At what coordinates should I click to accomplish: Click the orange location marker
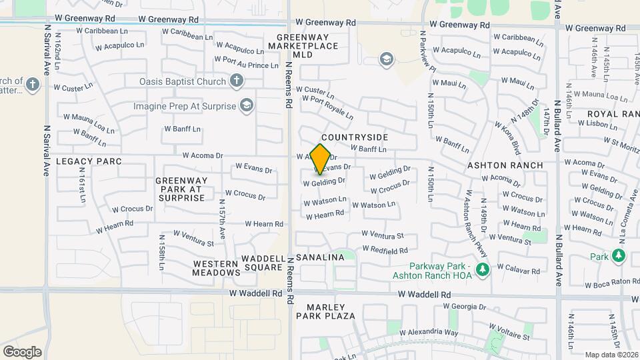[321, 159]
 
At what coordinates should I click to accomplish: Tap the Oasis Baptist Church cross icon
[235, 81]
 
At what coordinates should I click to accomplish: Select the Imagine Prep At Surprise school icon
[247, 105]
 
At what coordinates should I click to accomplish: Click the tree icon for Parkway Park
[483, 269]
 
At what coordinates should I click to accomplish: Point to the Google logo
[22, 351]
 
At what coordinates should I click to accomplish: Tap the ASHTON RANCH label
[514, 165]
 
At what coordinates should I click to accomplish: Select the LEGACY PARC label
[89, 161]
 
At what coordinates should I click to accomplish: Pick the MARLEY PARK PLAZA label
[331, 311]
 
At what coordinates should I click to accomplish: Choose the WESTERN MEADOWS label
[217, 268]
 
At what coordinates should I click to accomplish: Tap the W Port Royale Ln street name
[327, 107]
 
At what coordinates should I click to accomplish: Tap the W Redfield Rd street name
[385, 250]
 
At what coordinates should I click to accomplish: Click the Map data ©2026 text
[611, 354]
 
